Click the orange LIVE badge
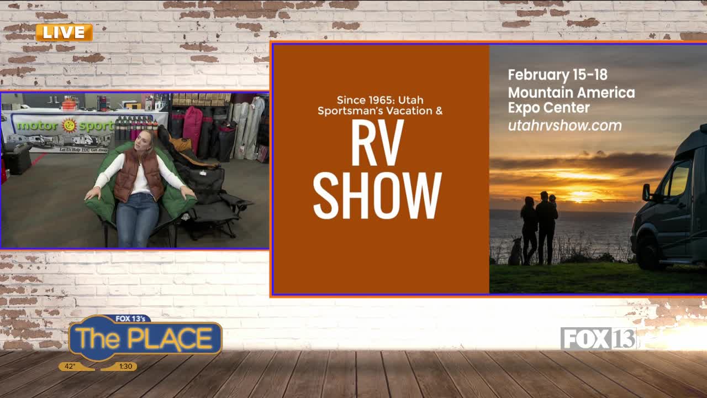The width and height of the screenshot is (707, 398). (64, 33)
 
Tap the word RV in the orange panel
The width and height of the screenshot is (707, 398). (378, 143)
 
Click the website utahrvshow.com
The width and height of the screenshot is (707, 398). (564, 125)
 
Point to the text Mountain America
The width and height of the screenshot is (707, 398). (571, 92)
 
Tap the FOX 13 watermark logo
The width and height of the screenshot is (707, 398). (598, 338)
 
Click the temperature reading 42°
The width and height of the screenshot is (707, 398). (70, 366)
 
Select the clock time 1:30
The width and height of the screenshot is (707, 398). (125, 366)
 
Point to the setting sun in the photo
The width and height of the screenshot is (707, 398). (582, 195)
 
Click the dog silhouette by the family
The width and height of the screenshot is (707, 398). (515, 252)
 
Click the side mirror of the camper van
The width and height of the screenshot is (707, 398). (646, 192)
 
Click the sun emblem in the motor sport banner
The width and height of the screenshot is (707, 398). (70, 125)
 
